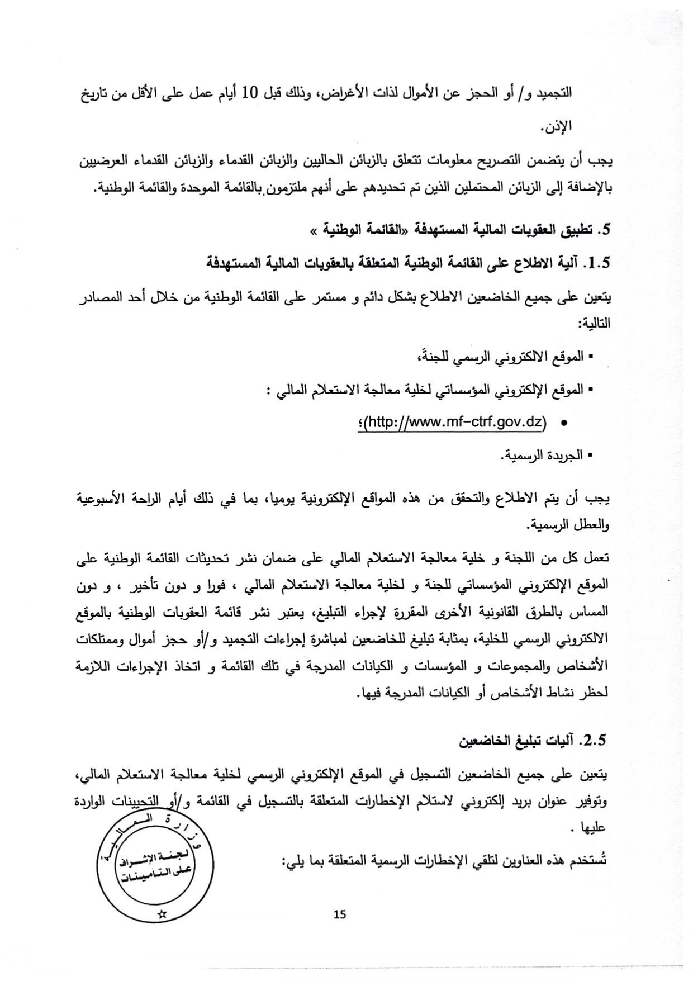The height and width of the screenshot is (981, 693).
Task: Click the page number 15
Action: point(339,914)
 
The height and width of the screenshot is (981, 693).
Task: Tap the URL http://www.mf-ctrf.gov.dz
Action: point(455,422)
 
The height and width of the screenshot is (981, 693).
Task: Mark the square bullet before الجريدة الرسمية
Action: point(590,456)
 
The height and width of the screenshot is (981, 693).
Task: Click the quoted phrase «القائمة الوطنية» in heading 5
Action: point(355,230)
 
